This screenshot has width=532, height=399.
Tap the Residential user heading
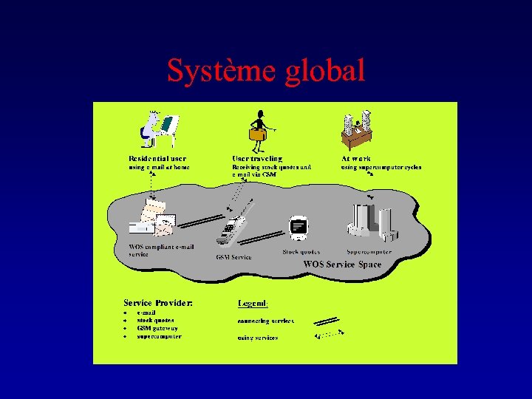[157, 158]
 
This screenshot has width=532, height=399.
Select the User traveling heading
[257, 158]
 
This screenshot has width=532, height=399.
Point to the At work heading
[356, 158]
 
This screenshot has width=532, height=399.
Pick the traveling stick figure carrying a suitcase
[259, 129]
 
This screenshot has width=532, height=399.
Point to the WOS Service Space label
[342, 264]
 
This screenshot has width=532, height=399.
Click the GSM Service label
[233, 257]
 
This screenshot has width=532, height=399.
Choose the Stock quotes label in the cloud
[301, 252]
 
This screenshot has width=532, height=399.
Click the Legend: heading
[253, 302]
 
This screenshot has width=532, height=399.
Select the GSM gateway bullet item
[157, 328]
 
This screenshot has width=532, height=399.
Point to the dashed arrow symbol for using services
[329, 335]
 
